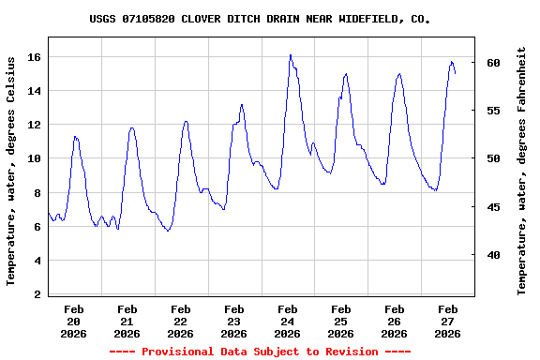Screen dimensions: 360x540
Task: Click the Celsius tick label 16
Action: point(35,57)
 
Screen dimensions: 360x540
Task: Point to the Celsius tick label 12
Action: point(35,125)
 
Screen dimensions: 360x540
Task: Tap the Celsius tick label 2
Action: point(38,294)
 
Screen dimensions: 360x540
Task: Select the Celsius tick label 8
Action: point(38,193)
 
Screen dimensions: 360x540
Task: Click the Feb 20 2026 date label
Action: point(74,321)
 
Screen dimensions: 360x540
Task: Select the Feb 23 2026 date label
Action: point(234,321)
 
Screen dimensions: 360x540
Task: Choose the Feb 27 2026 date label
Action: point(448,321)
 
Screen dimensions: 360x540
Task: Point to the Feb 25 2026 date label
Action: point(341,321)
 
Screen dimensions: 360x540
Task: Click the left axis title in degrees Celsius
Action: point(11,171)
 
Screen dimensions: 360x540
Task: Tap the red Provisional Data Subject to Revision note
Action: point(261,352)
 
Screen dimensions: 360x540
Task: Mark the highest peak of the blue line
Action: point(291,55)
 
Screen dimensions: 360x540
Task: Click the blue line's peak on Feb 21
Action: point(132,127)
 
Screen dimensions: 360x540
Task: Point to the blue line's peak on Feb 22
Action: point(186,121)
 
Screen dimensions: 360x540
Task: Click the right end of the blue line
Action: point(456,73)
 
